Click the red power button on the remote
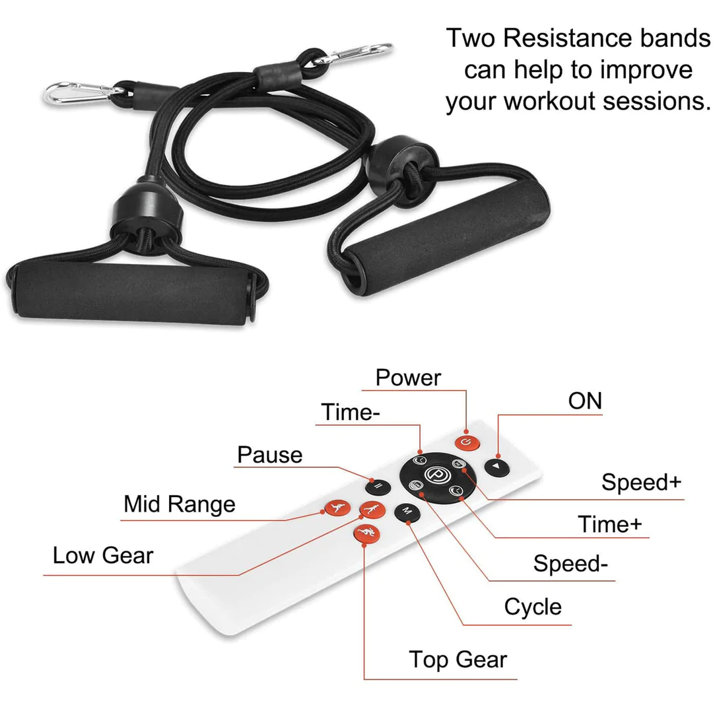[x=465, y=442]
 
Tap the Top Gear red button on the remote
[x=364, y=533]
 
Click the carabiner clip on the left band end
[x=73, y=92]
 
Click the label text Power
[x=408, y=378]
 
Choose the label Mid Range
[x=179, y=504]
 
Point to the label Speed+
[x=640, y=483]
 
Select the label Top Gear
[x=458, y=660]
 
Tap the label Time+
[x=609, y=524]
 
